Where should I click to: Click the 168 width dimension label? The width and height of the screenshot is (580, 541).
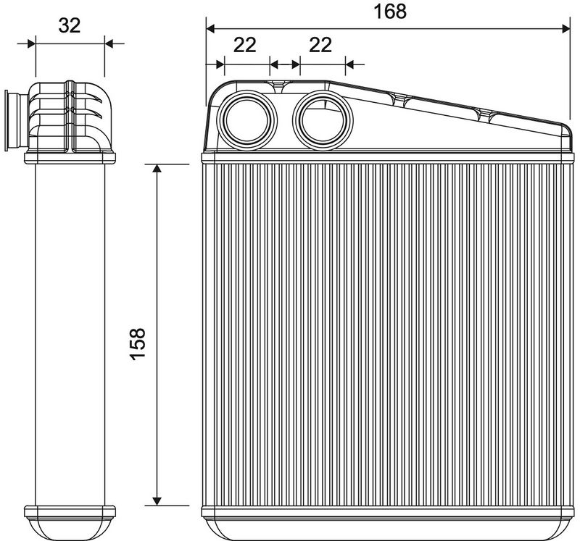[x=390, y=12]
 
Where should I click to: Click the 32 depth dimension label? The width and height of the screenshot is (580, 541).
[x=70, y=25]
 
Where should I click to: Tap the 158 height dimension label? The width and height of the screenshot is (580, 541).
[x=138, y=343]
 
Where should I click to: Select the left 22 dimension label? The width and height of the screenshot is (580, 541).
[x=245, y=45]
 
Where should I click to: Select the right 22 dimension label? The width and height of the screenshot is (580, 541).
[x=320, y=45]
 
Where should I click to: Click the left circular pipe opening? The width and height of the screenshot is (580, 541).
[x=246, y=119]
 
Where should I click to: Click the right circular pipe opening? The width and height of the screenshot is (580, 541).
[x=323, y=119]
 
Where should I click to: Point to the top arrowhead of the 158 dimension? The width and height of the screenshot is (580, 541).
[x=157, y=169]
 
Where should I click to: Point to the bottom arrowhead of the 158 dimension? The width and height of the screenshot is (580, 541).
[x=157, y=500]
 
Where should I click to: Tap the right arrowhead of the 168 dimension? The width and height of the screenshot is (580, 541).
[x=566, y=28]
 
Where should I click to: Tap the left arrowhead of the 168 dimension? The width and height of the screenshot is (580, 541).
[x=210, y=28]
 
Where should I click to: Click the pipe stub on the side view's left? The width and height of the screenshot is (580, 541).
[x=16, y=121]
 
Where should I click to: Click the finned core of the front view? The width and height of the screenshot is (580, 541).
[x=388, y=335]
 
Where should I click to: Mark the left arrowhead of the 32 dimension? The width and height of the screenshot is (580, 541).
[x=31, y=43]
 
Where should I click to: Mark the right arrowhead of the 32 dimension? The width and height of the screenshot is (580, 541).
[x=109, y=43]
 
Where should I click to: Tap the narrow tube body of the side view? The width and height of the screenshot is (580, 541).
[x=70, y=335]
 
